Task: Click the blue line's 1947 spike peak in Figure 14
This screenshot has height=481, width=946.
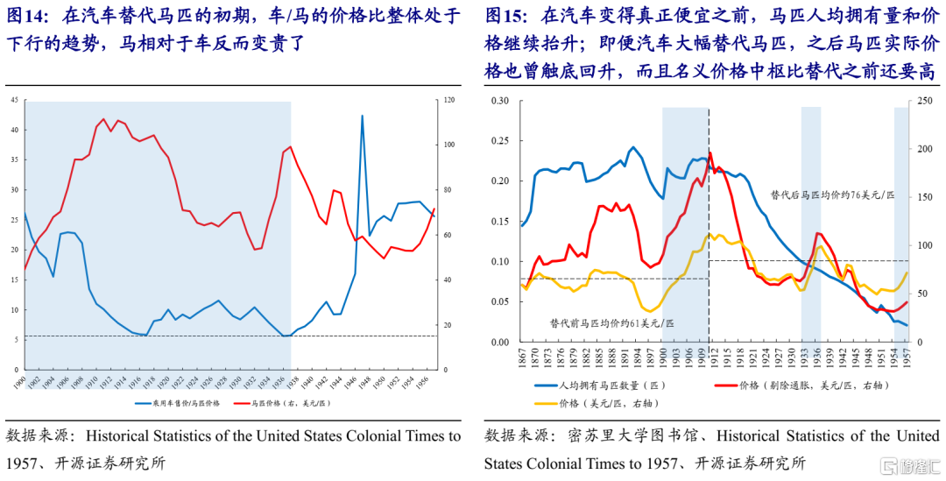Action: pyautogui.click(x=363, y=116)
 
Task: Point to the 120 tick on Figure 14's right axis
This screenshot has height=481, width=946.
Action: pyautogui.click(x=449, y=101)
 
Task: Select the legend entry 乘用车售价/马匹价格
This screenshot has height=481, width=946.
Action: pyautogui.click(x=181, y=403)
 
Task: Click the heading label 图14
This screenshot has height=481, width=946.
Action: pyautogui.click(x=26, y=15)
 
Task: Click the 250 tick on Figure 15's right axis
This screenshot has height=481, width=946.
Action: pyautogui.click(x=921, y=101)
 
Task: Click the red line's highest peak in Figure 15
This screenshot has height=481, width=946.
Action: pyautogui.click(x=709, y=152)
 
